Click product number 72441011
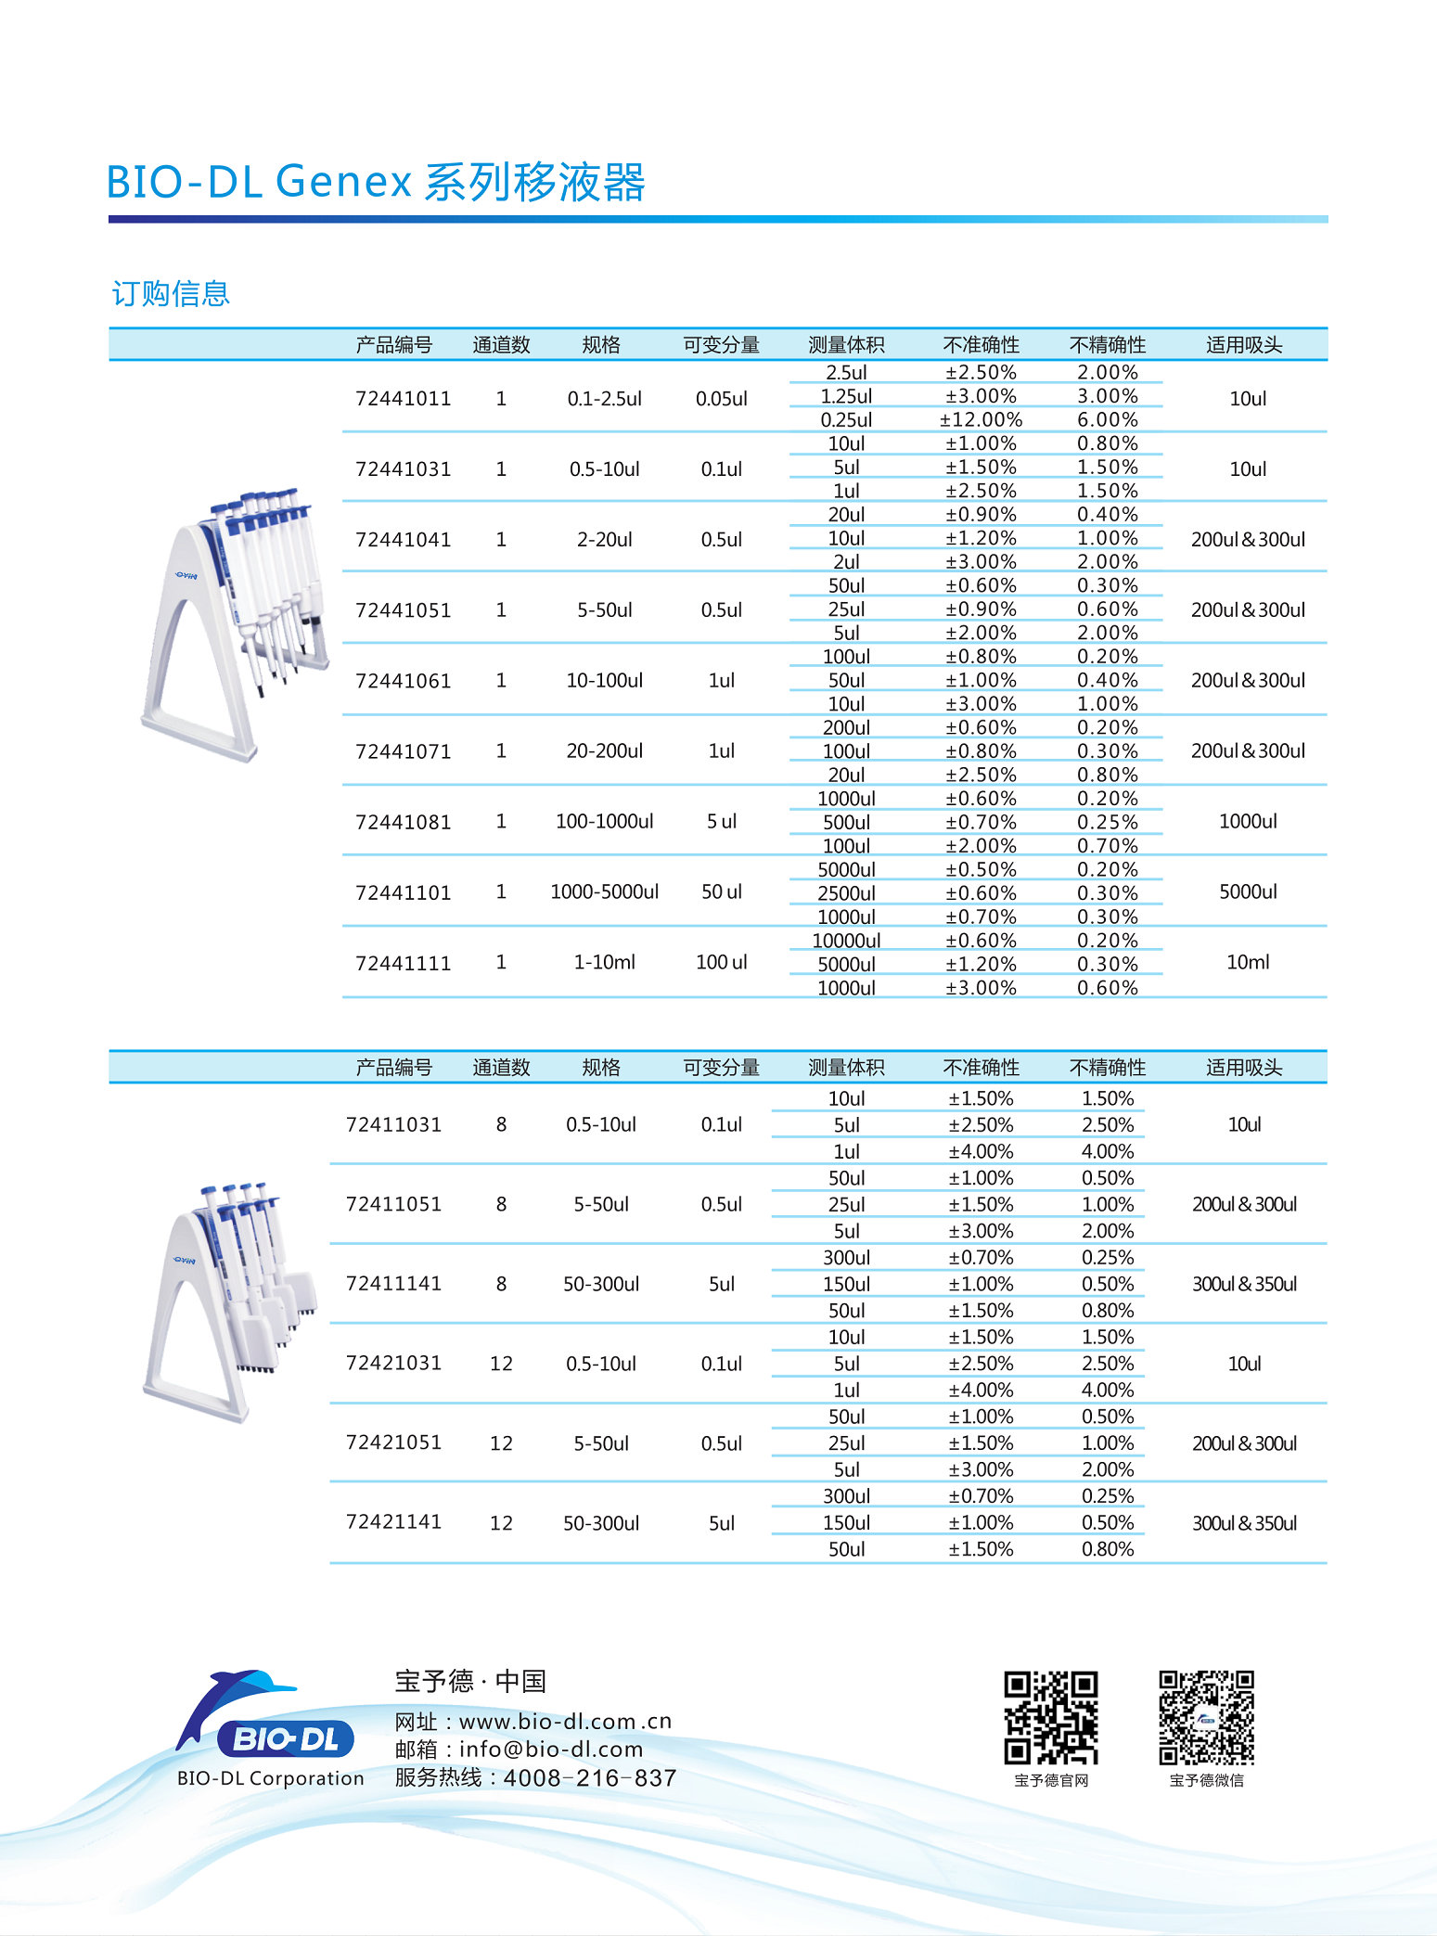(403, 398)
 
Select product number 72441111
(403, 963)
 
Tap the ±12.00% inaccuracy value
(981, 419)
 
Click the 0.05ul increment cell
(721, 398)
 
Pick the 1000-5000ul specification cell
(604, 891)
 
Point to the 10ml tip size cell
(1248, 962)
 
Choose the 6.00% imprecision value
(1107, 419)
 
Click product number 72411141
(393, 1283)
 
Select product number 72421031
(393, 1363)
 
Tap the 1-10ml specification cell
(604, 962)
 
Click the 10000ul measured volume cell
(846, 940)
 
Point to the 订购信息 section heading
(171, 293)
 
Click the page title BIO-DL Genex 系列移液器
(376, 181)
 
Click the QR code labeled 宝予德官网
(1050, 1717)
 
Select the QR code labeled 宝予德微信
(1206, 1717)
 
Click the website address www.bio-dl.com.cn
(565, 1721)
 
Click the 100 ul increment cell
(721, 962)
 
